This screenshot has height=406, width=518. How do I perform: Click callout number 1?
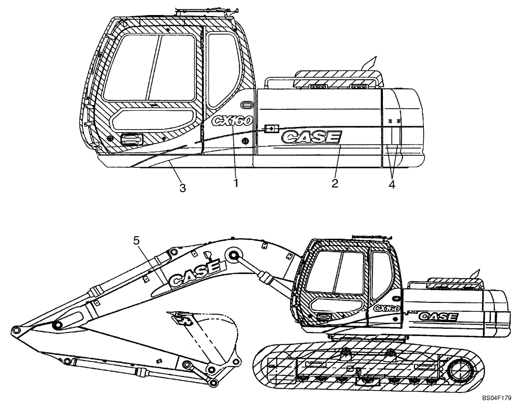236,183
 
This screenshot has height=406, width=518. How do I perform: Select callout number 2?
335,183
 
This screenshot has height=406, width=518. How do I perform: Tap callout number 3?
182,188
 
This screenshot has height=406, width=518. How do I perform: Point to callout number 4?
392,184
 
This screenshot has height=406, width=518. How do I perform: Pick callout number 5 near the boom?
136,240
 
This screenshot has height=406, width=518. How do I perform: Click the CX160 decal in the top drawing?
232,121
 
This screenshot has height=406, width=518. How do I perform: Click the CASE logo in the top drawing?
311,137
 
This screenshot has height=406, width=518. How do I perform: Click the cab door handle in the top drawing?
132,138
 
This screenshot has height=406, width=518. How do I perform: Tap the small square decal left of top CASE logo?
269,128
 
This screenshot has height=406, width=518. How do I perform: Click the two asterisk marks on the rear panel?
394,120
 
